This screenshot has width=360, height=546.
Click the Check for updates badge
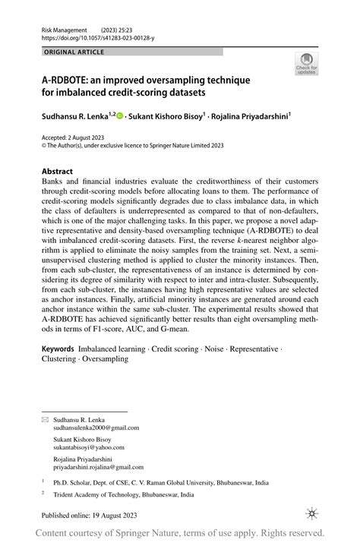pos(306,63)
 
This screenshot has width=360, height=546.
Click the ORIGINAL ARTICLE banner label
pos(74,52)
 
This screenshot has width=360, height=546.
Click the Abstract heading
pos(58,172)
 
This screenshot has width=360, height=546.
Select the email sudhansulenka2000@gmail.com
pos(96,428)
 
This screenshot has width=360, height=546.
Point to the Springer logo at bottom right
pos(311,514)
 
